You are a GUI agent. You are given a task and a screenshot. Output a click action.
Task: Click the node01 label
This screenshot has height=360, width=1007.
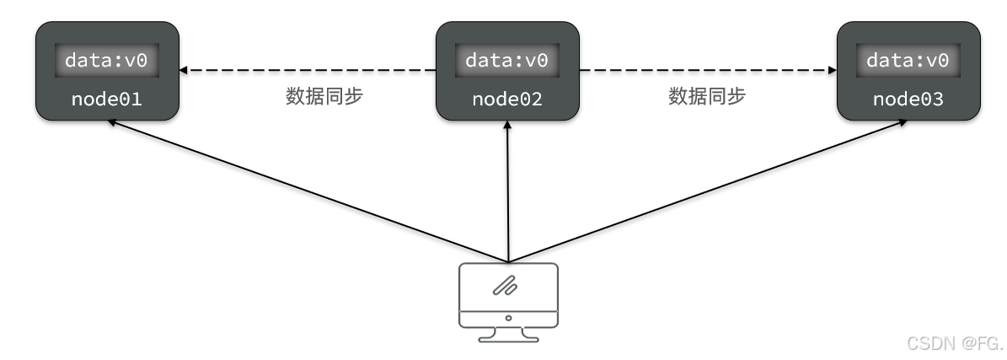tap(106, 99)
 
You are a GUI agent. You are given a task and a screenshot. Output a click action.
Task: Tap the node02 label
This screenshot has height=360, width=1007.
tap(506, 99)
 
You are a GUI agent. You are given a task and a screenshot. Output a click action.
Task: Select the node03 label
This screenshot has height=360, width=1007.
tap(908, 99)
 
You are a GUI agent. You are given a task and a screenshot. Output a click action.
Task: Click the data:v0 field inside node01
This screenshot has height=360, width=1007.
tap(106, 61)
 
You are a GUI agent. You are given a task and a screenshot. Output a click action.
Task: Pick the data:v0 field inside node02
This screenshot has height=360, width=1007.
tap(506, 61)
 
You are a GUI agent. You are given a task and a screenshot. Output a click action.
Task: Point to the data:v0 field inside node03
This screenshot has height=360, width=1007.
tap(908, 61)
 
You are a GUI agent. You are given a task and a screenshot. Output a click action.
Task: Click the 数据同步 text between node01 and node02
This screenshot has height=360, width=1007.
tap(324, 96)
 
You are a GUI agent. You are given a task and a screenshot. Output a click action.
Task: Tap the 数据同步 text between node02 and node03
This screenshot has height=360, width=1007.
tap(707, 96)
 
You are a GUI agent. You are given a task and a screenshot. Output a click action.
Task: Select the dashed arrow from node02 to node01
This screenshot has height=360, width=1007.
tap(308, 70)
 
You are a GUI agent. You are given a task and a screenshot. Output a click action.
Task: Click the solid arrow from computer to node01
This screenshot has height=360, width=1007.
tap(308, 191)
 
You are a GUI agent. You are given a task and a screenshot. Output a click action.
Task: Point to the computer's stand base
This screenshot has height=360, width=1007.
tap(508, 339)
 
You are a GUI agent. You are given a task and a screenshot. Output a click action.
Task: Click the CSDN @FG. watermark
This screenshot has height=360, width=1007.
tap(954, 343)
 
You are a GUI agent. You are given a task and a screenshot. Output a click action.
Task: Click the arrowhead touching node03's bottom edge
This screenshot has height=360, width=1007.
tap(903, 121)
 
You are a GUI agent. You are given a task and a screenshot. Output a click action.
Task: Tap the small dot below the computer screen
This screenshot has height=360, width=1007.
tap(508, 319)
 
